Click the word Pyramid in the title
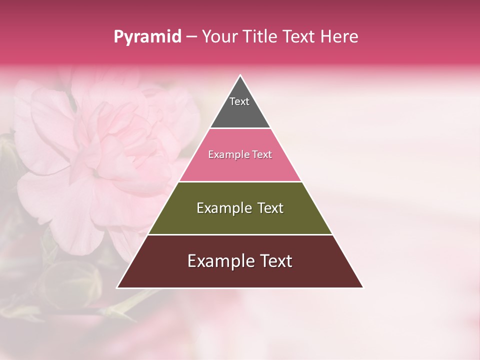(x=147, y=37)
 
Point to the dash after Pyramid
(x=191, y=37)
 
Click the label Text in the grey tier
(x=239, y=101)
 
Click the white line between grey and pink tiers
(x=240, y=128)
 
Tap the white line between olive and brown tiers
(x=240, y=234)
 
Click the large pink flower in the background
(x=100, y=160)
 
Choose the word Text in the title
(x=299, y=37)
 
